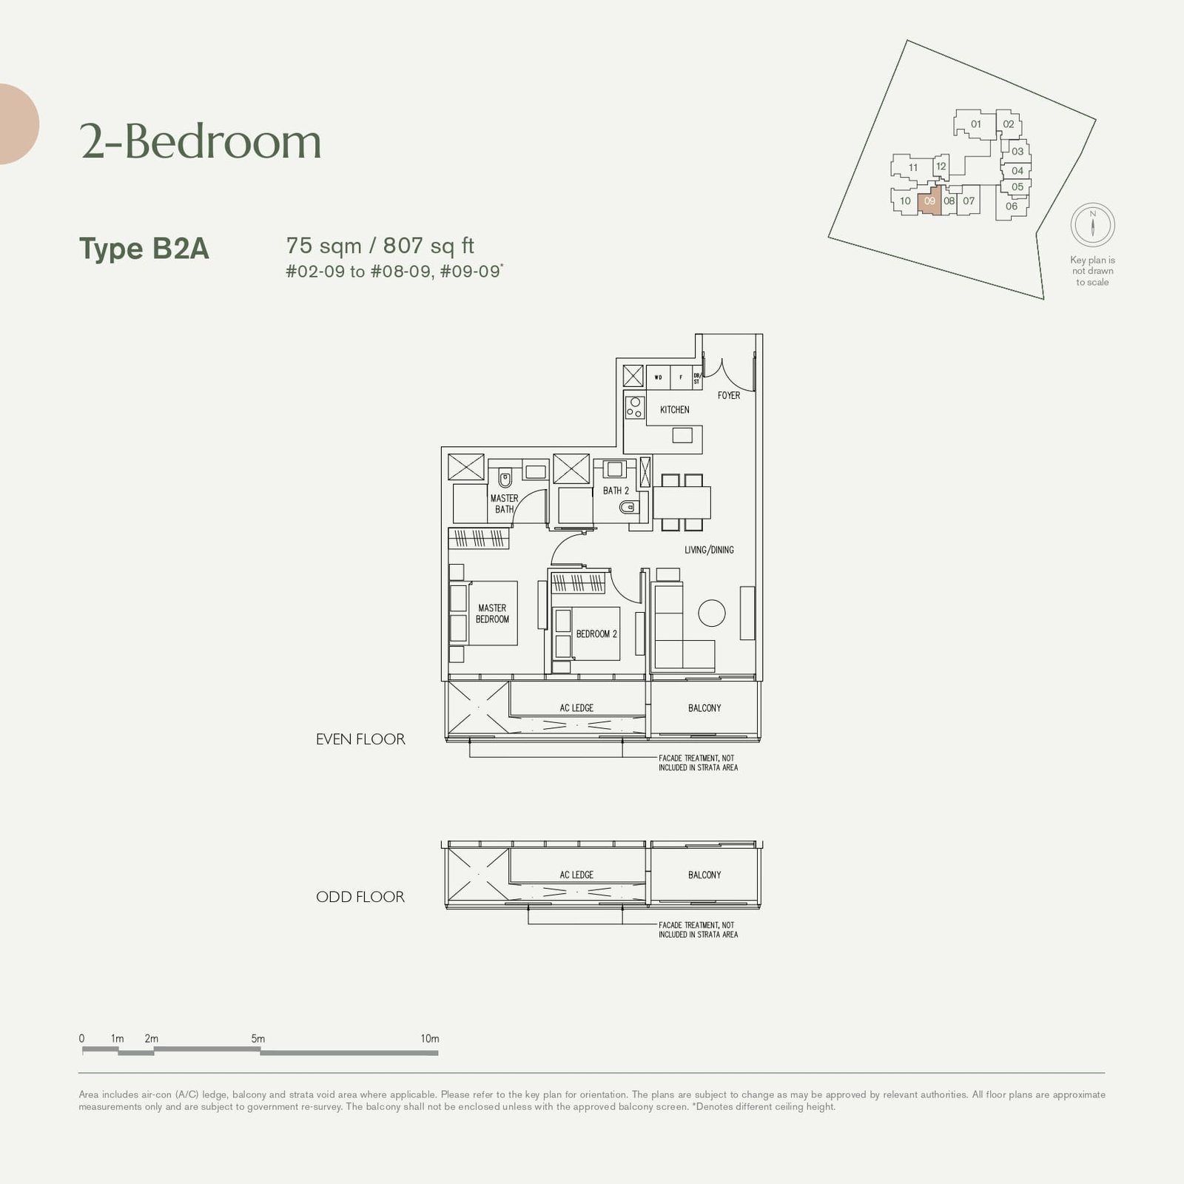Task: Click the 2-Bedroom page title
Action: click(201, 141)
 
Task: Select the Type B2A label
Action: click(144, 249)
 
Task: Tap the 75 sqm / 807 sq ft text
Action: click(380, 246)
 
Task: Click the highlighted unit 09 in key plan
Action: click(929, 201)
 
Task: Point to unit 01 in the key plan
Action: click(975, 124)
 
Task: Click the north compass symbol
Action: click(1092, 224)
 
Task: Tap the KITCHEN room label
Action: click(674, 409)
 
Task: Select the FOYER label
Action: click(728, 395)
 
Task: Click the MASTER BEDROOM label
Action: click(492, 613)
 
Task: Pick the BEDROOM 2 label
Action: click(596, 634)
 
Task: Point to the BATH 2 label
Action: click(616, 491)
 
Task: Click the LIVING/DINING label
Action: click(709, 550)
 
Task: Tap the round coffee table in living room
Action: click(712, 613)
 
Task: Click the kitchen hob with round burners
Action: click(635, 407)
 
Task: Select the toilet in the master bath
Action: click(505, 477)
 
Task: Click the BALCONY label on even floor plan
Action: click(704, 708)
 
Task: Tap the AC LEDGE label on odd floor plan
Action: click(576, 875)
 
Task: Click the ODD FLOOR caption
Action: click(360, 897)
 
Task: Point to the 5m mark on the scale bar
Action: click(258, 1039)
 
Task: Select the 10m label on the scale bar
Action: click(430, 1039)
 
